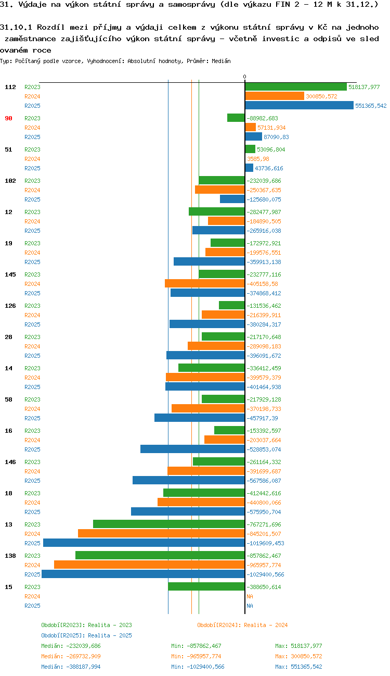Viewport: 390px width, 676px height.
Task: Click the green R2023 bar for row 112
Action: (296, 87)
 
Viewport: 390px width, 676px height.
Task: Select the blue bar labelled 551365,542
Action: (299, 106)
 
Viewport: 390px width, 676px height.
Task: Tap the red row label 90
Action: (8, 118)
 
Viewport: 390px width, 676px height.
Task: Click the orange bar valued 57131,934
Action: (250, 128)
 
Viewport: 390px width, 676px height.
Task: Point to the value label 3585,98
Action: (258, 159)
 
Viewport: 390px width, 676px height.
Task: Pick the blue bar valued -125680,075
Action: (232, 199)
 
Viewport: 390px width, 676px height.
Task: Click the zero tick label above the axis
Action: (244, 77)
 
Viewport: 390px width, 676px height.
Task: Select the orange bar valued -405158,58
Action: (205, 284)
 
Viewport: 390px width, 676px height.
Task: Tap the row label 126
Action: (10, 306)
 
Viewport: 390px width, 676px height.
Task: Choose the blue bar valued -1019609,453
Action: (144, 543)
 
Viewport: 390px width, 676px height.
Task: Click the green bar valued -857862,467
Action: (160, 556)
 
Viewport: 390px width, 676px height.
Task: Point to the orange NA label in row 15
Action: (250, 596)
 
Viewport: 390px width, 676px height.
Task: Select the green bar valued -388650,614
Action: (206, 586)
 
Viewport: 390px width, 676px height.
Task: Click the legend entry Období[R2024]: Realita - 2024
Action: (242, 625)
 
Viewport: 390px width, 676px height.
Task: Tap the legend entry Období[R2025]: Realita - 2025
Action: (86, 635)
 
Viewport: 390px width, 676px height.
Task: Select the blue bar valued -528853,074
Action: (192, 449)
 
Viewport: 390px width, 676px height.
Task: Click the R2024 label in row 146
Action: (32, 471)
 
